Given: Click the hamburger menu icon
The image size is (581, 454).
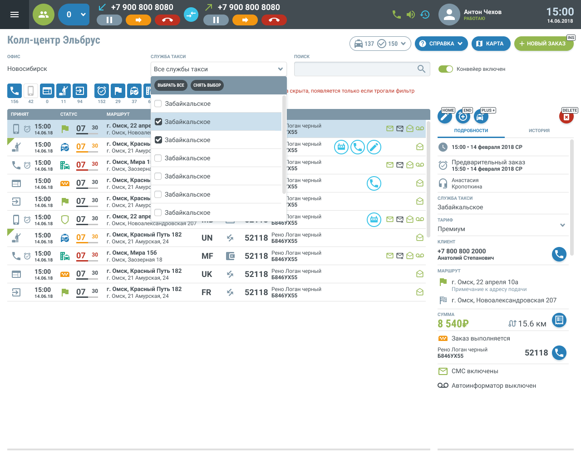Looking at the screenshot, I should click(15, 15).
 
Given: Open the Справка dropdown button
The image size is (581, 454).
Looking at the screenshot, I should click(441, 44).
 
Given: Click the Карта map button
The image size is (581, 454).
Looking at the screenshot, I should click(490, 44).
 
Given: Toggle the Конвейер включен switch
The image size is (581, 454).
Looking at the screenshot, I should click(446, 69).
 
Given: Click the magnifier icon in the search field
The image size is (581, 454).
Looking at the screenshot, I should click(421, 69).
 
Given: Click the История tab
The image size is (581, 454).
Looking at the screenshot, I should click(539, 131).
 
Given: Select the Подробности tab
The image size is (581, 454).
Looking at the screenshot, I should click(471, 131).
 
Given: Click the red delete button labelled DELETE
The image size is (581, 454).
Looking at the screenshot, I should click(566, 117).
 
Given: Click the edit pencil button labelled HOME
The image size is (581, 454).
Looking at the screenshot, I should click(445, 117).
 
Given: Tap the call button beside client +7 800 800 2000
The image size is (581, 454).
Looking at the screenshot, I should click(559, 254).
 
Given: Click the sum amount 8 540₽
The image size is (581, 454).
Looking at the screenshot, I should click(453, 324).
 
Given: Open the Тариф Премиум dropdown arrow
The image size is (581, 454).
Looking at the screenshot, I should click(562, 225).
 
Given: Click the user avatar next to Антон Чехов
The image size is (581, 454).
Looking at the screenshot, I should click(449, 15).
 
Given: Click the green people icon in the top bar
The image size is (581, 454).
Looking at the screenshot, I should click(44, 15).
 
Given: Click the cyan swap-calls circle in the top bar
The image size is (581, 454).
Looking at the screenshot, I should click(191, 15).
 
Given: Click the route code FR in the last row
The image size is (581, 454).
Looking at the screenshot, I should click(207, 292).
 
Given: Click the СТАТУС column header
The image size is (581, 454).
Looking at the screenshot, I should click(69, 114).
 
